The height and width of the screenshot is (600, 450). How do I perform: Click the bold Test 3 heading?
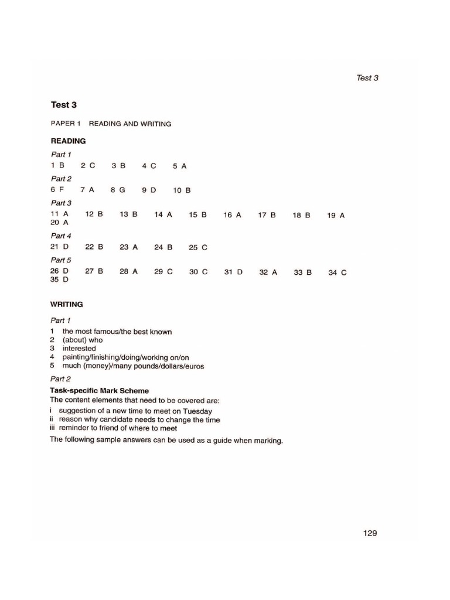click(63, 105)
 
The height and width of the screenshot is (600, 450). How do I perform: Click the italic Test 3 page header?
click(367, 77)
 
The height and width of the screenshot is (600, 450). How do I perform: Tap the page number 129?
click(370, 533)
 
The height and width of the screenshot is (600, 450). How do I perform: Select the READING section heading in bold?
click(68, 141)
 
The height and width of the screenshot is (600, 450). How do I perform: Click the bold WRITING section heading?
click(67, 304)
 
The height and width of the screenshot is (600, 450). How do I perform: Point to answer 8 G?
click(118, 190)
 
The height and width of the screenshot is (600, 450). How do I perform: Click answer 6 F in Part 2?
click(57, 190)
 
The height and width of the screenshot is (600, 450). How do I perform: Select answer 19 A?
click(336, 215)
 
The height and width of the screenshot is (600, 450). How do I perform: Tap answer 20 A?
click(59, 223)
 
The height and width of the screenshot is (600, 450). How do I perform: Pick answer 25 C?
click(197, 247)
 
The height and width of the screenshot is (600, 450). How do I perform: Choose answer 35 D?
click(59, 280)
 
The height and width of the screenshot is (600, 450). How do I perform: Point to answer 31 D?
click(233, 272)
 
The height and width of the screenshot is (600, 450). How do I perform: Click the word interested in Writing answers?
click(79, 348)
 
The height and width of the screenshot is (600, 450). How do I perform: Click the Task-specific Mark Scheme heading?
click(99, 390)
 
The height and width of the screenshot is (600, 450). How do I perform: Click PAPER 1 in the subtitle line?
click(66, 124)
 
